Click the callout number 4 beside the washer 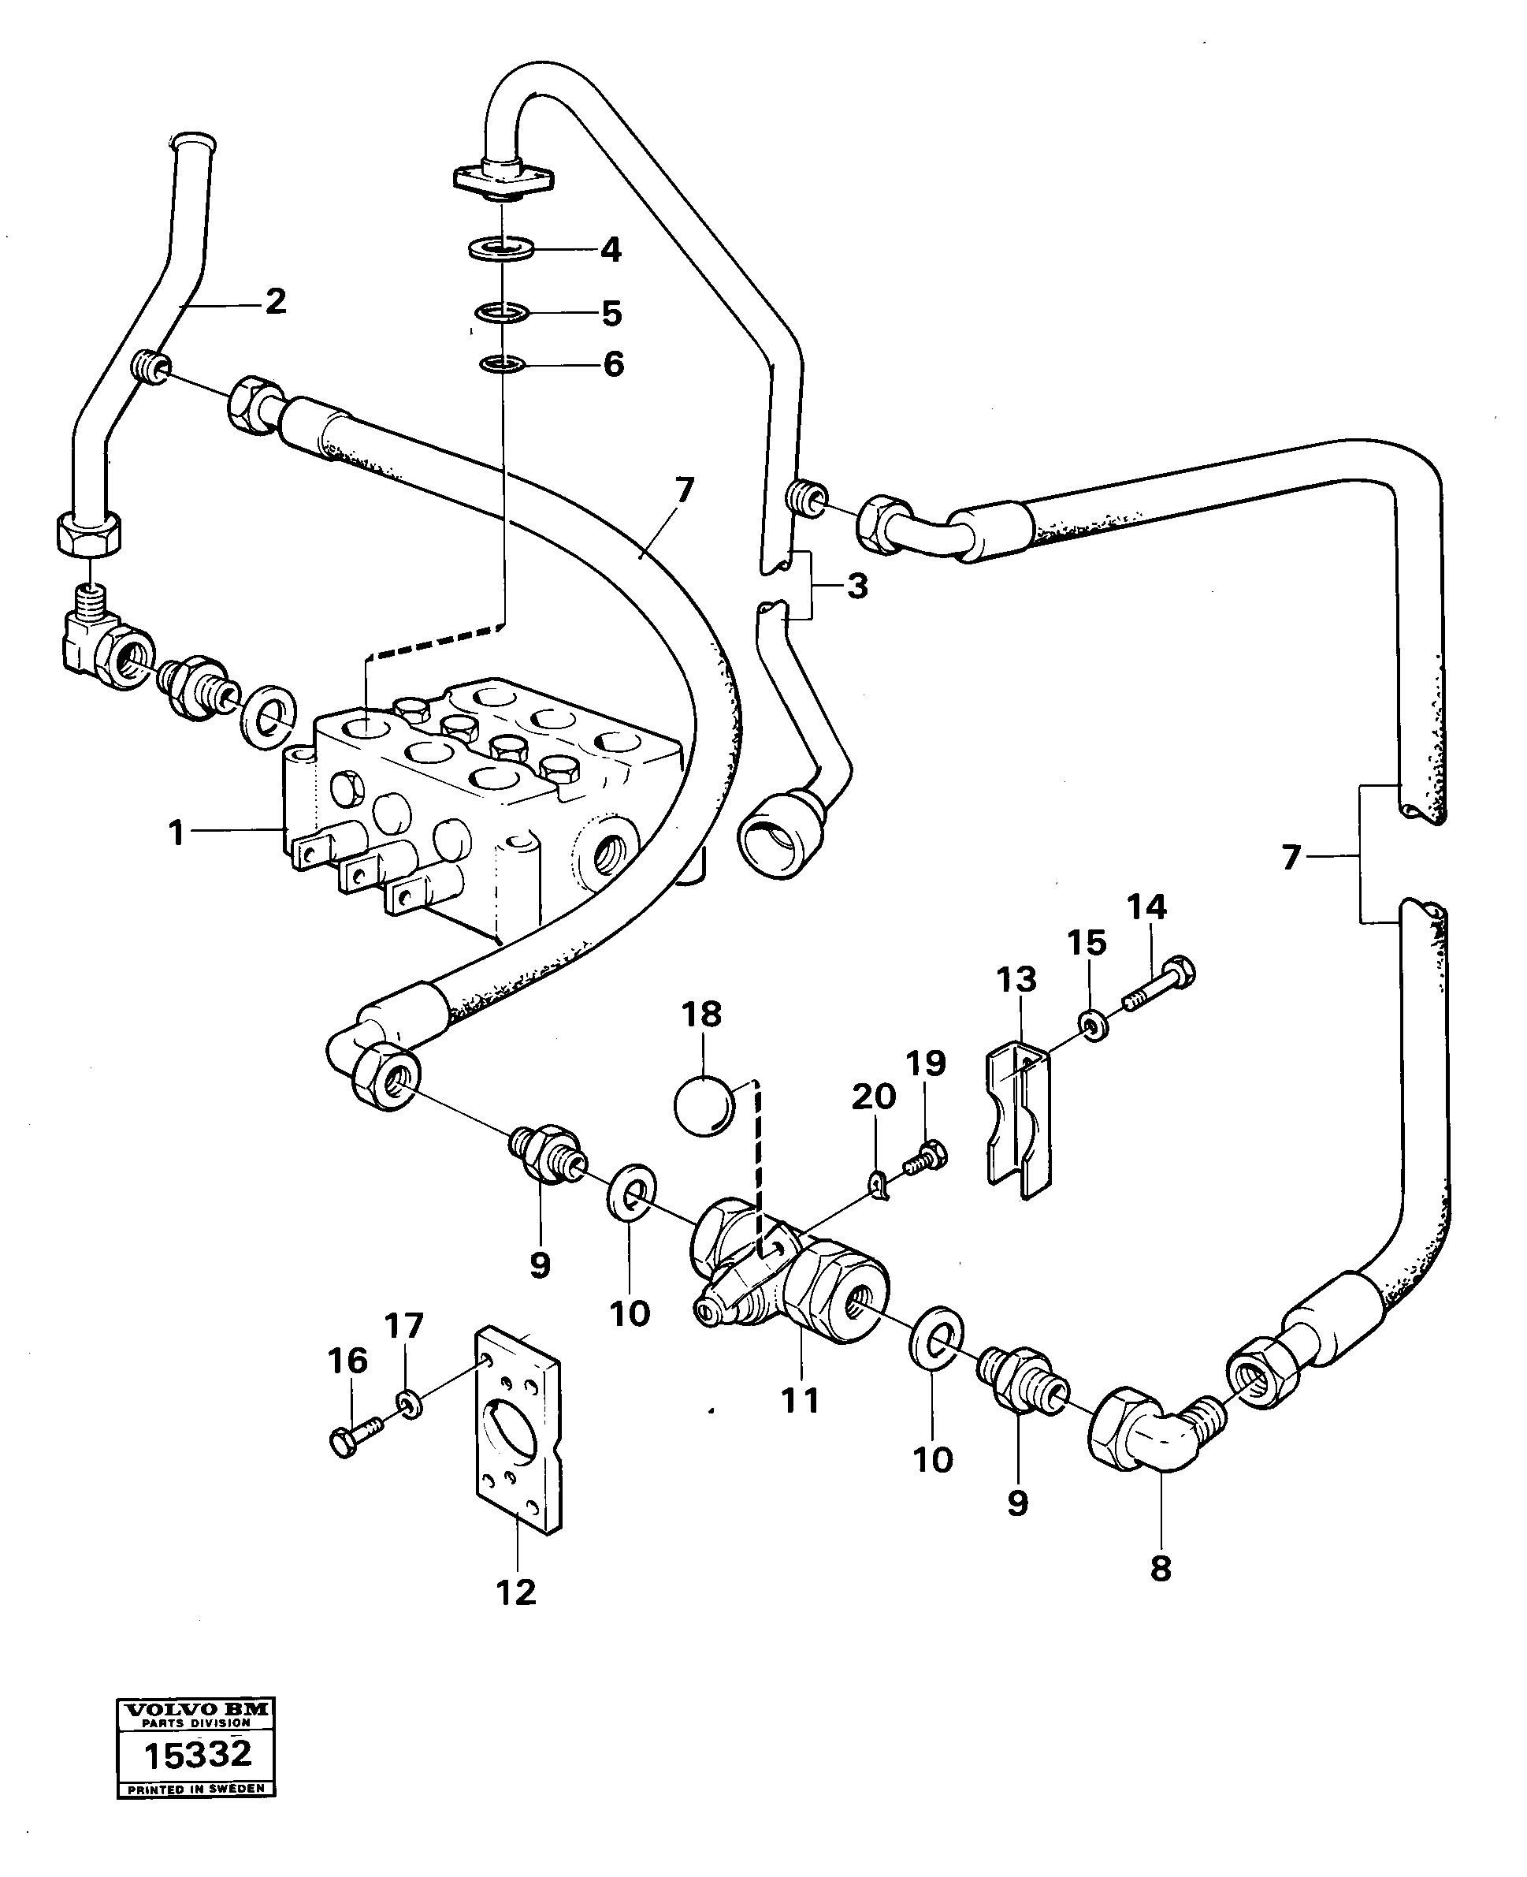coord(611,250)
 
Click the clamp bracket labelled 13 coord(1019,1118)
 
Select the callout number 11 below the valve coord(800,1399)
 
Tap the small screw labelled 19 coord(927,1157)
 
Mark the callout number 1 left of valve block coord(176,832)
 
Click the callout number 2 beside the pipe coord(275,302)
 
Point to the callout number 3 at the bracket coord(856,585)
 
